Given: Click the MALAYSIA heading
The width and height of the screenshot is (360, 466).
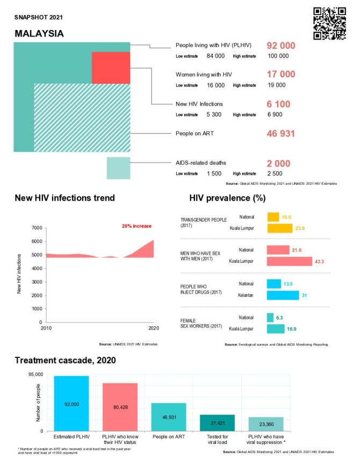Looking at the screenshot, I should coord(39,33).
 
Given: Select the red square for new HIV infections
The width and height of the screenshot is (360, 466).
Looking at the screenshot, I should coord(111,68).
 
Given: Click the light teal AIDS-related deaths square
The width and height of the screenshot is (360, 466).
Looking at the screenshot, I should coord(118,168).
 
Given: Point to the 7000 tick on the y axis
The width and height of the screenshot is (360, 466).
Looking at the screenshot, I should coord(34,228).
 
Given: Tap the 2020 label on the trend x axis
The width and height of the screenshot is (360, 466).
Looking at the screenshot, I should coord(153,328).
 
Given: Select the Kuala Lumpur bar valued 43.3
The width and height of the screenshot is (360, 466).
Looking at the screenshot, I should coord(289,261).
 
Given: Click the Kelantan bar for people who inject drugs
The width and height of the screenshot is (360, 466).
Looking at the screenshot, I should coord(283,295).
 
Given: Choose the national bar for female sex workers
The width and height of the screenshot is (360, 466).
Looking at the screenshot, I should coord(270,318).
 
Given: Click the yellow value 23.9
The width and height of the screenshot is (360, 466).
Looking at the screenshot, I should coord(301,228).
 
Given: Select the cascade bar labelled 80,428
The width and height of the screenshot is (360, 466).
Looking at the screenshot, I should coord(120,407).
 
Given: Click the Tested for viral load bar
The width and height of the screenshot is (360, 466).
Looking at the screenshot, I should coord(217,422).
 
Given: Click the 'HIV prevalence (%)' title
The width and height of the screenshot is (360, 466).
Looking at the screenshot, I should coord(227,198).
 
